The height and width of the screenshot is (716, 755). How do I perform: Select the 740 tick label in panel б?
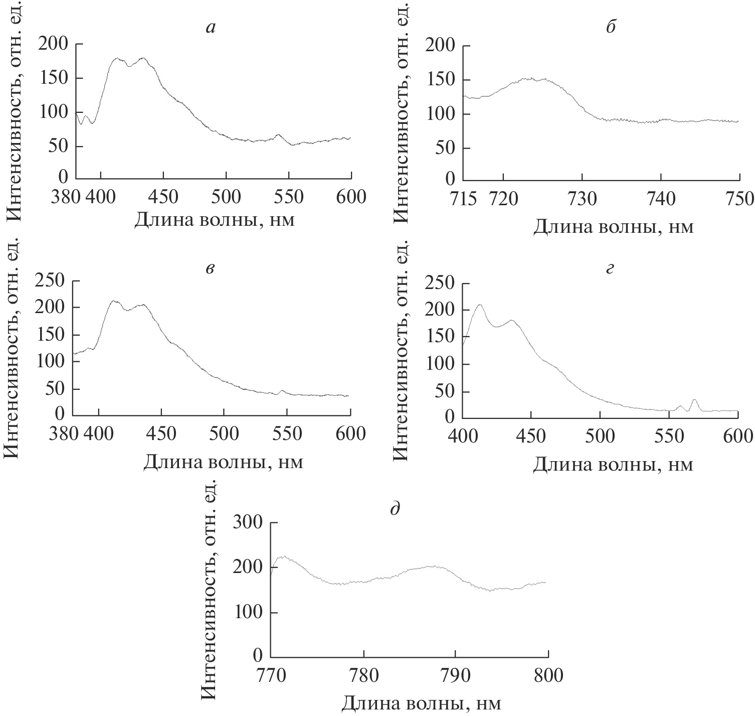click(x=661, y=199)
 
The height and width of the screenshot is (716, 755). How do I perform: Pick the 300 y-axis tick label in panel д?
click(x=250, y=523)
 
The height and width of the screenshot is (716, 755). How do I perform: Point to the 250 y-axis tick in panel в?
click(x=51, y=281)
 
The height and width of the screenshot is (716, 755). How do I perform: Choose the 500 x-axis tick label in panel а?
click(x=226, y=197)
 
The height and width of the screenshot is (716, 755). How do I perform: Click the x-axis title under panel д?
click(x=421, y=703)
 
